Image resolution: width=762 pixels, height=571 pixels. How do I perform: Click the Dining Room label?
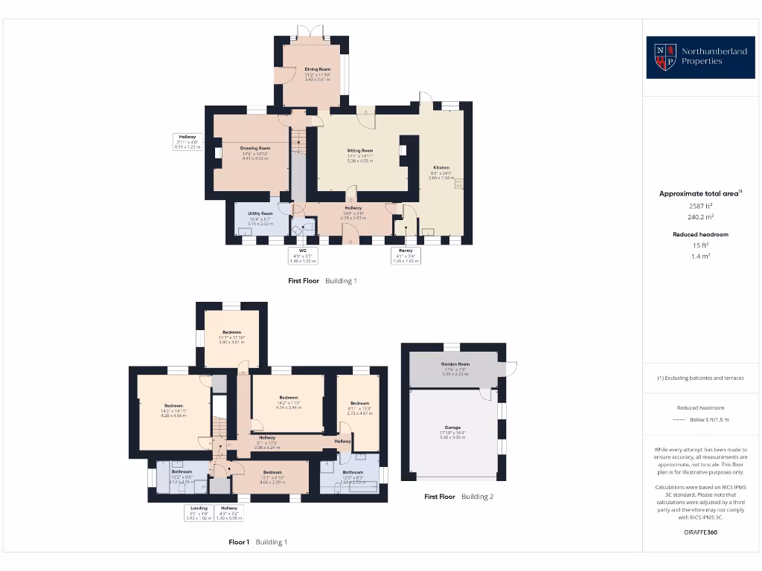point(317,69)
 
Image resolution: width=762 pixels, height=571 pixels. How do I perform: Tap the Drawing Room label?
point(254,148)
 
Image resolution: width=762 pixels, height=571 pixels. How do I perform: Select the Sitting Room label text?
point(360,150)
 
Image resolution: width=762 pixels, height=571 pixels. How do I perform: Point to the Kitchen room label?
point(441,168)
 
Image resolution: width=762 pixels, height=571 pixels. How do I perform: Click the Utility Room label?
point(260,213)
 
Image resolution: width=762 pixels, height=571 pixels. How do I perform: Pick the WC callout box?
point(303,257)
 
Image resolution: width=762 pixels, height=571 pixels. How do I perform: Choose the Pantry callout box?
point(406,257)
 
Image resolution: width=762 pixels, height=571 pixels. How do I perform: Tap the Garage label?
point(453,428)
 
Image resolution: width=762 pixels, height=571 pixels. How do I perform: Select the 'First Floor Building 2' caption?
point(458,496)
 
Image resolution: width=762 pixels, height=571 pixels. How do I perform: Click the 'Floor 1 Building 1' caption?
point(257,542)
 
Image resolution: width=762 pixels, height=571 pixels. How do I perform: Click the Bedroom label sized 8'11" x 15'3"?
point(359,404)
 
